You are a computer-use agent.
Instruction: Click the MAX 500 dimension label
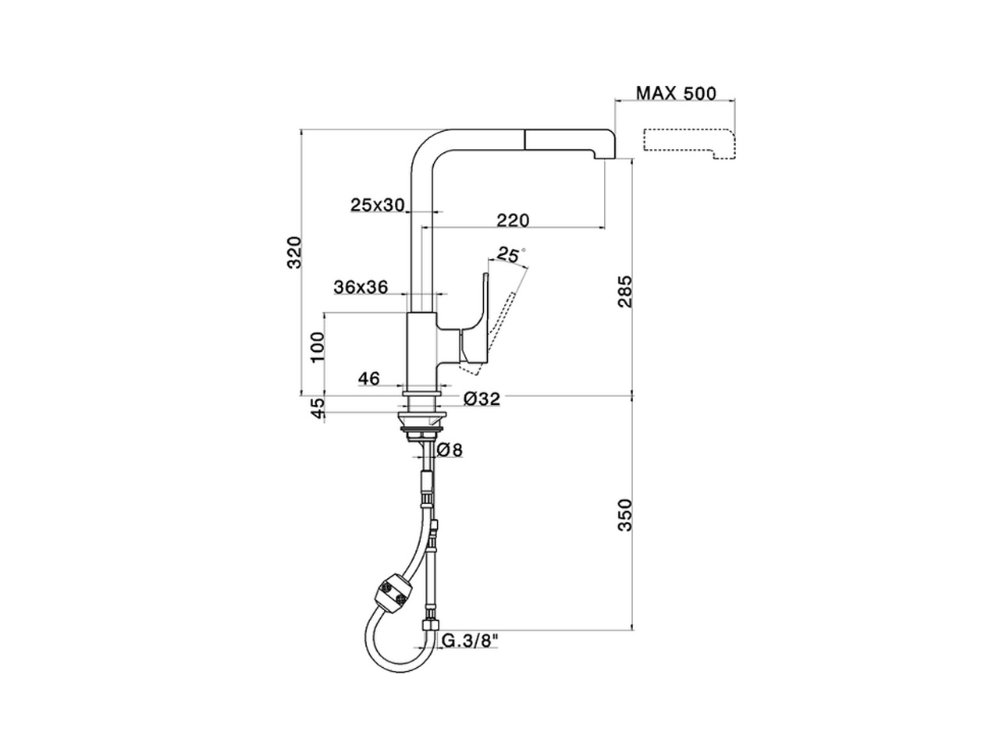point(676,94)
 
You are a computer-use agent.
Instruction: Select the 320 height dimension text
point(294,252)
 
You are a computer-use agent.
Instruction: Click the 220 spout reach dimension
point(513,220)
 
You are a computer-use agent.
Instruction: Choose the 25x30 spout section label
point(377,205)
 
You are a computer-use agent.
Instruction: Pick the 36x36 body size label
point(361,286)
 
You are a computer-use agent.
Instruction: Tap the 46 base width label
point(368,378)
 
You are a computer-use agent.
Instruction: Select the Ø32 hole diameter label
point(482,399)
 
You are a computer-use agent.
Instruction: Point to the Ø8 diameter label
point(450,450)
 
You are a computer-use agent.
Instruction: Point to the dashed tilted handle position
point(499,320)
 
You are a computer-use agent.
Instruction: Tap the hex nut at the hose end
point(430,624)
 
